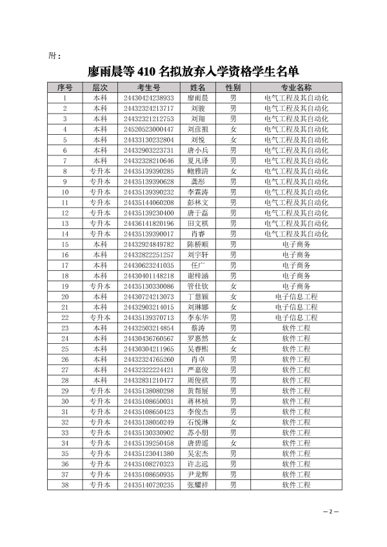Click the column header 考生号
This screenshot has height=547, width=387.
click(x=148, y=87)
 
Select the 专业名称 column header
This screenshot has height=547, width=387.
click(x=296, y=87)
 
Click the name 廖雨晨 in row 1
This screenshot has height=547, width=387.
click(x=197, y=97)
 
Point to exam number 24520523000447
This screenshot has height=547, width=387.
click(x=148, y=129)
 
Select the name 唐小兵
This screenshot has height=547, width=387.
click(x=197, y=150)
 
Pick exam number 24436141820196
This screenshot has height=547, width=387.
click(x=148, y=223)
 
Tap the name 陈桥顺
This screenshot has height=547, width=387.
click(x=197, y=244)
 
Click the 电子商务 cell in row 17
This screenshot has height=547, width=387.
click(x=296, y=265)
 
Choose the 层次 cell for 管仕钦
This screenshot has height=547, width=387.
click(x=100, y=286)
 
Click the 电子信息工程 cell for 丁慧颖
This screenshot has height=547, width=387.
click(x=296, y=297)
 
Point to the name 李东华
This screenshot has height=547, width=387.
click(x=197, y=317)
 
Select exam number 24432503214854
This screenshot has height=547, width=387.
click(x=148, y=328)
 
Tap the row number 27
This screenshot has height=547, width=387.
click(x=65, y=370)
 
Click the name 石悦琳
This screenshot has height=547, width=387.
click(x=197, y=422)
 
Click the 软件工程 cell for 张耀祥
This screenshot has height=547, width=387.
click(x=296, y=485)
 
